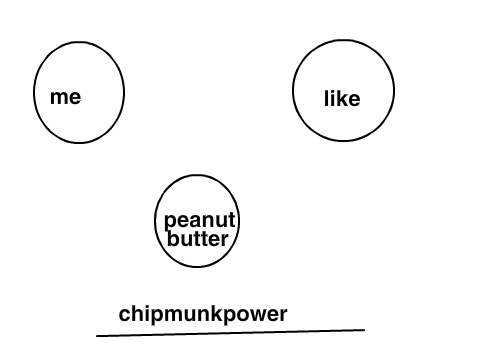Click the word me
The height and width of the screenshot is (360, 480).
65,97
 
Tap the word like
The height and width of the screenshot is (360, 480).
342,99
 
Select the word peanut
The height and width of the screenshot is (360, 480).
200,221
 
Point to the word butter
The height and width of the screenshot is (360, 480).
198,238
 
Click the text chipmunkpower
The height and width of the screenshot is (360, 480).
203,314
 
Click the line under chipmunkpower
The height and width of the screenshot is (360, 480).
230,333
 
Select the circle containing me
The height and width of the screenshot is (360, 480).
33,92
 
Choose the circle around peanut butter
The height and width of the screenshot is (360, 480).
155,221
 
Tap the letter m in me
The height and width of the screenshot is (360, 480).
59,97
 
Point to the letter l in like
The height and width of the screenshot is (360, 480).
327,98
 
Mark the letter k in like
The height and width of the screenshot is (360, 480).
343,98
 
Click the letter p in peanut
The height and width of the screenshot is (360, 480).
170,222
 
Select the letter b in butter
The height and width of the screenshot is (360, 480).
173,238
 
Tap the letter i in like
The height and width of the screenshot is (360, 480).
333,98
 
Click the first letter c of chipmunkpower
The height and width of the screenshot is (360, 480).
124,314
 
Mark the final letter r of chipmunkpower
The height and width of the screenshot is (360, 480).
284,315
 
